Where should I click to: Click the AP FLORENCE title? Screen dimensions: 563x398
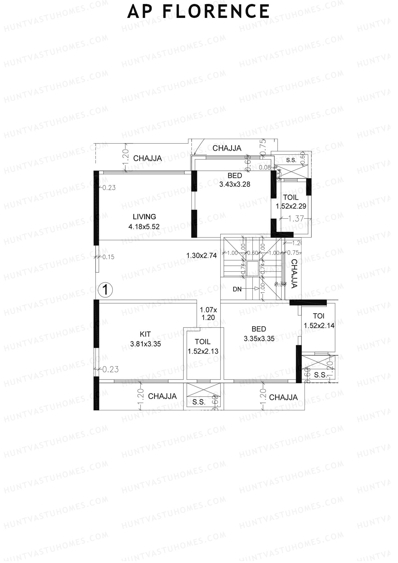[x=198, y=11]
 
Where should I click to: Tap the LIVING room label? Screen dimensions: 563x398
[x=144, y=217]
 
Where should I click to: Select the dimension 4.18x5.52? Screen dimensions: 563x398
[x=144, y=227]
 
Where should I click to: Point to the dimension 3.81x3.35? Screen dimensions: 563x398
[x=145, y=344]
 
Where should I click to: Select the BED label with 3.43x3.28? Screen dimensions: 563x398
[x=234, y=176]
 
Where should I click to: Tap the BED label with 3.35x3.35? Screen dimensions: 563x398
[x=259, y=329]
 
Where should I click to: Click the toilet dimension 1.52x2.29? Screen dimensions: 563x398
[x=291, y=206]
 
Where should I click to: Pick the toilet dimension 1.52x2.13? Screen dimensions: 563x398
[x=203, y=351]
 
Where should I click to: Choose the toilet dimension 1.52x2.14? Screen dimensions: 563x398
[x=319, y=326]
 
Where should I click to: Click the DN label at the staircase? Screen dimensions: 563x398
[x=237, y=289]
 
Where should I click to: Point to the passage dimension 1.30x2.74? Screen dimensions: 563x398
[x=202, y=255]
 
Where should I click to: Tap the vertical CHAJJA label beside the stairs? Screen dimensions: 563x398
[x=294, y=273]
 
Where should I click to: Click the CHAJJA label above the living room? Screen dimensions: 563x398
[x=148, y=158]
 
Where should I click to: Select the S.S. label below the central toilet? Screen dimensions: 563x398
[x=199, y=402]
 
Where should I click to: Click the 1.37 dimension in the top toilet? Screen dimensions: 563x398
[x=296, y=219]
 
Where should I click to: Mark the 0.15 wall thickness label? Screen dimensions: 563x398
[x=108, y=257]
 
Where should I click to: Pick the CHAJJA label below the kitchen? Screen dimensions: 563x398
[x=162, y=396]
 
